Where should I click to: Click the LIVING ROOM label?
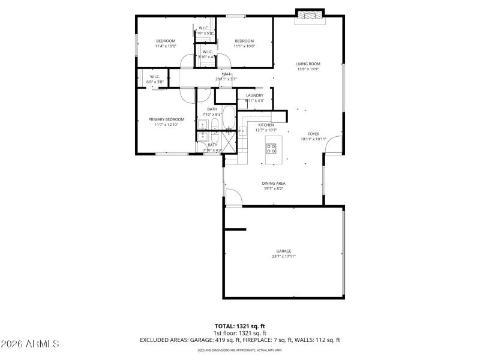pos(308,64)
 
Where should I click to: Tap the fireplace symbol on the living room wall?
pos(310,15)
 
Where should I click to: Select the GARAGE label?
pos(284,251)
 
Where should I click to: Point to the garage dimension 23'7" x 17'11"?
pos(284,257)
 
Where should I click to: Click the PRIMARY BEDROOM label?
pos(166,119)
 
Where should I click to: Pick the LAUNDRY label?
pos(255,95)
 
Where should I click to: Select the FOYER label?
pos(314,134)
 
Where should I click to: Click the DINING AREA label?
pos(273,183)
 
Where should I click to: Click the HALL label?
pos(226,74)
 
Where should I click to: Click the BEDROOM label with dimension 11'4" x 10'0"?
pos(166,41)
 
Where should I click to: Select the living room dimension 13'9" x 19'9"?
pos(308,69)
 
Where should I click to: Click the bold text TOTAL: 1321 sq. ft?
pos(240,326)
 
